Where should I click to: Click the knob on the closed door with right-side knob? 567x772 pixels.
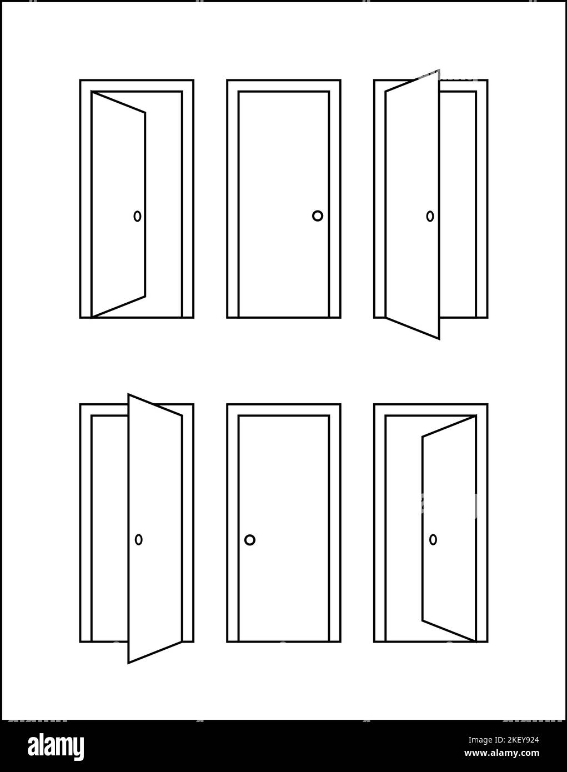(x=317, y=216)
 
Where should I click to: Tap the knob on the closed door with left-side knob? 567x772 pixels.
(x=250, y=539)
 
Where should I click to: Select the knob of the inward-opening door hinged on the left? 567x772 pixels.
(x=137, y=216)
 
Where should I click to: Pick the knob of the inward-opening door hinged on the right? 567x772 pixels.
(x=433, y=539)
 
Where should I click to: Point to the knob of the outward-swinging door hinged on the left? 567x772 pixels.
(x=430, y=216)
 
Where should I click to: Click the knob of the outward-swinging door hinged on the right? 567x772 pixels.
(x=139, y=539)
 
